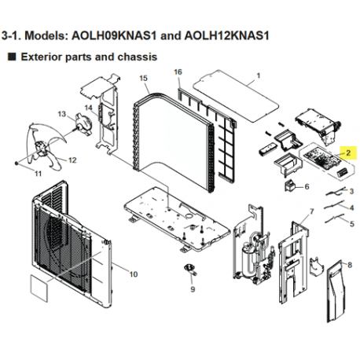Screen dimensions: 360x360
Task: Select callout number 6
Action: click(307, 186)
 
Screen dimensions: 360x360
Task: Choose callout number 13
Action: click(61, 115)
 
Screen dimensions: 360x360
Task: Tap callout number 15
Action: click(143, 79)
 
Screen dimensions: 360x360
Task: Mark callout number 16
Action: click(178, 72)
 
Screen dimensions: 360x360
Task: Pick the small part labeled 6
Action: click(290, 187)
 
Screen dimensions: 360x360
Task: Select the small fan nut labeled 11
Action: click(16, 163)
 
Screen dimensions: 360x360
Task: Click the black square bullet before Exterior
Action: click(11, 57)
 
